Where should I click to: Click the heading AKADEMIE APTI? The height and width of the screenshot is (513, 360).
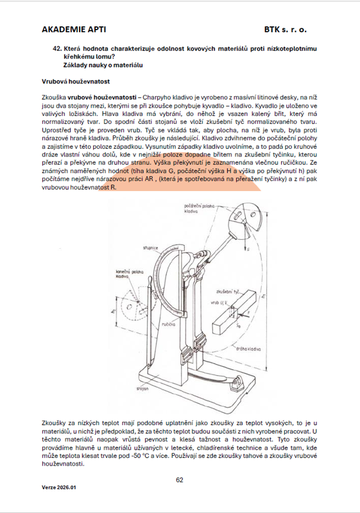pyautogui.click(x=74, y=29)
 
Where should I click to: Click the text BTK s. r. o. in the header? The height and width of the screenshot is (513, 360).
pyautogui.click(x=286, y=29)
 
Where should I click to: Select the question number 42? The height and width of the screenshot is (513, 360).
pyautogui.click(x=57, y=49)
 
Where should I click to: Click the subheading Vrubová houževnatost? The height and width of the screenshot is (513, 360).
pyautogui.click(x=76, y=81)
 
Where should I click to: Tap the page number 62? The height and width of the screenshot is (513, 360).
pyautogui.click(x=179, y=480)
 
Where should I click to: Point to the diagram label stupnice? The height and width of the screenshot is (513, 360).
pyautogui.click(x=150, y=248)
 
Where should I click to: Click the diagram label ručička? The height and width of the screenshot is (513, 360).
pyautogui.click(x=169, y=324)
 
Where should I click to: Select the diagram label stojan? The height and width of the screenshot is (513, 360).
pyautogui.click(x=142, y=389)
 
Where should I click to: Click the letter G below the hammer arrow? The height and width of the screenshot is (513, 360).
pyautogui.click(x=248, y=249)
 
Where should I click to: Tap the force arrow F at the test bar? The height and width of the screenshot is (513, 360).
pyautogui.click(x=244, y=314)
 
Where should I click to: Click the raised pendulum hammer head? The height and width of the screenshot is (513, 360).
pyautogui.click(x=246, y=217)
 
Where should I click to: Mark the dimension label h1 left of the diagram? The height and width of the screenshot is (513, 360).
pyautogui.click(x=112, y=310)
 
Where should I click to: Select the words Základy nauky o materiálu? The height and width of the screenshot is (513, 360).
pyautogui.click(x=103, y=65)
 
